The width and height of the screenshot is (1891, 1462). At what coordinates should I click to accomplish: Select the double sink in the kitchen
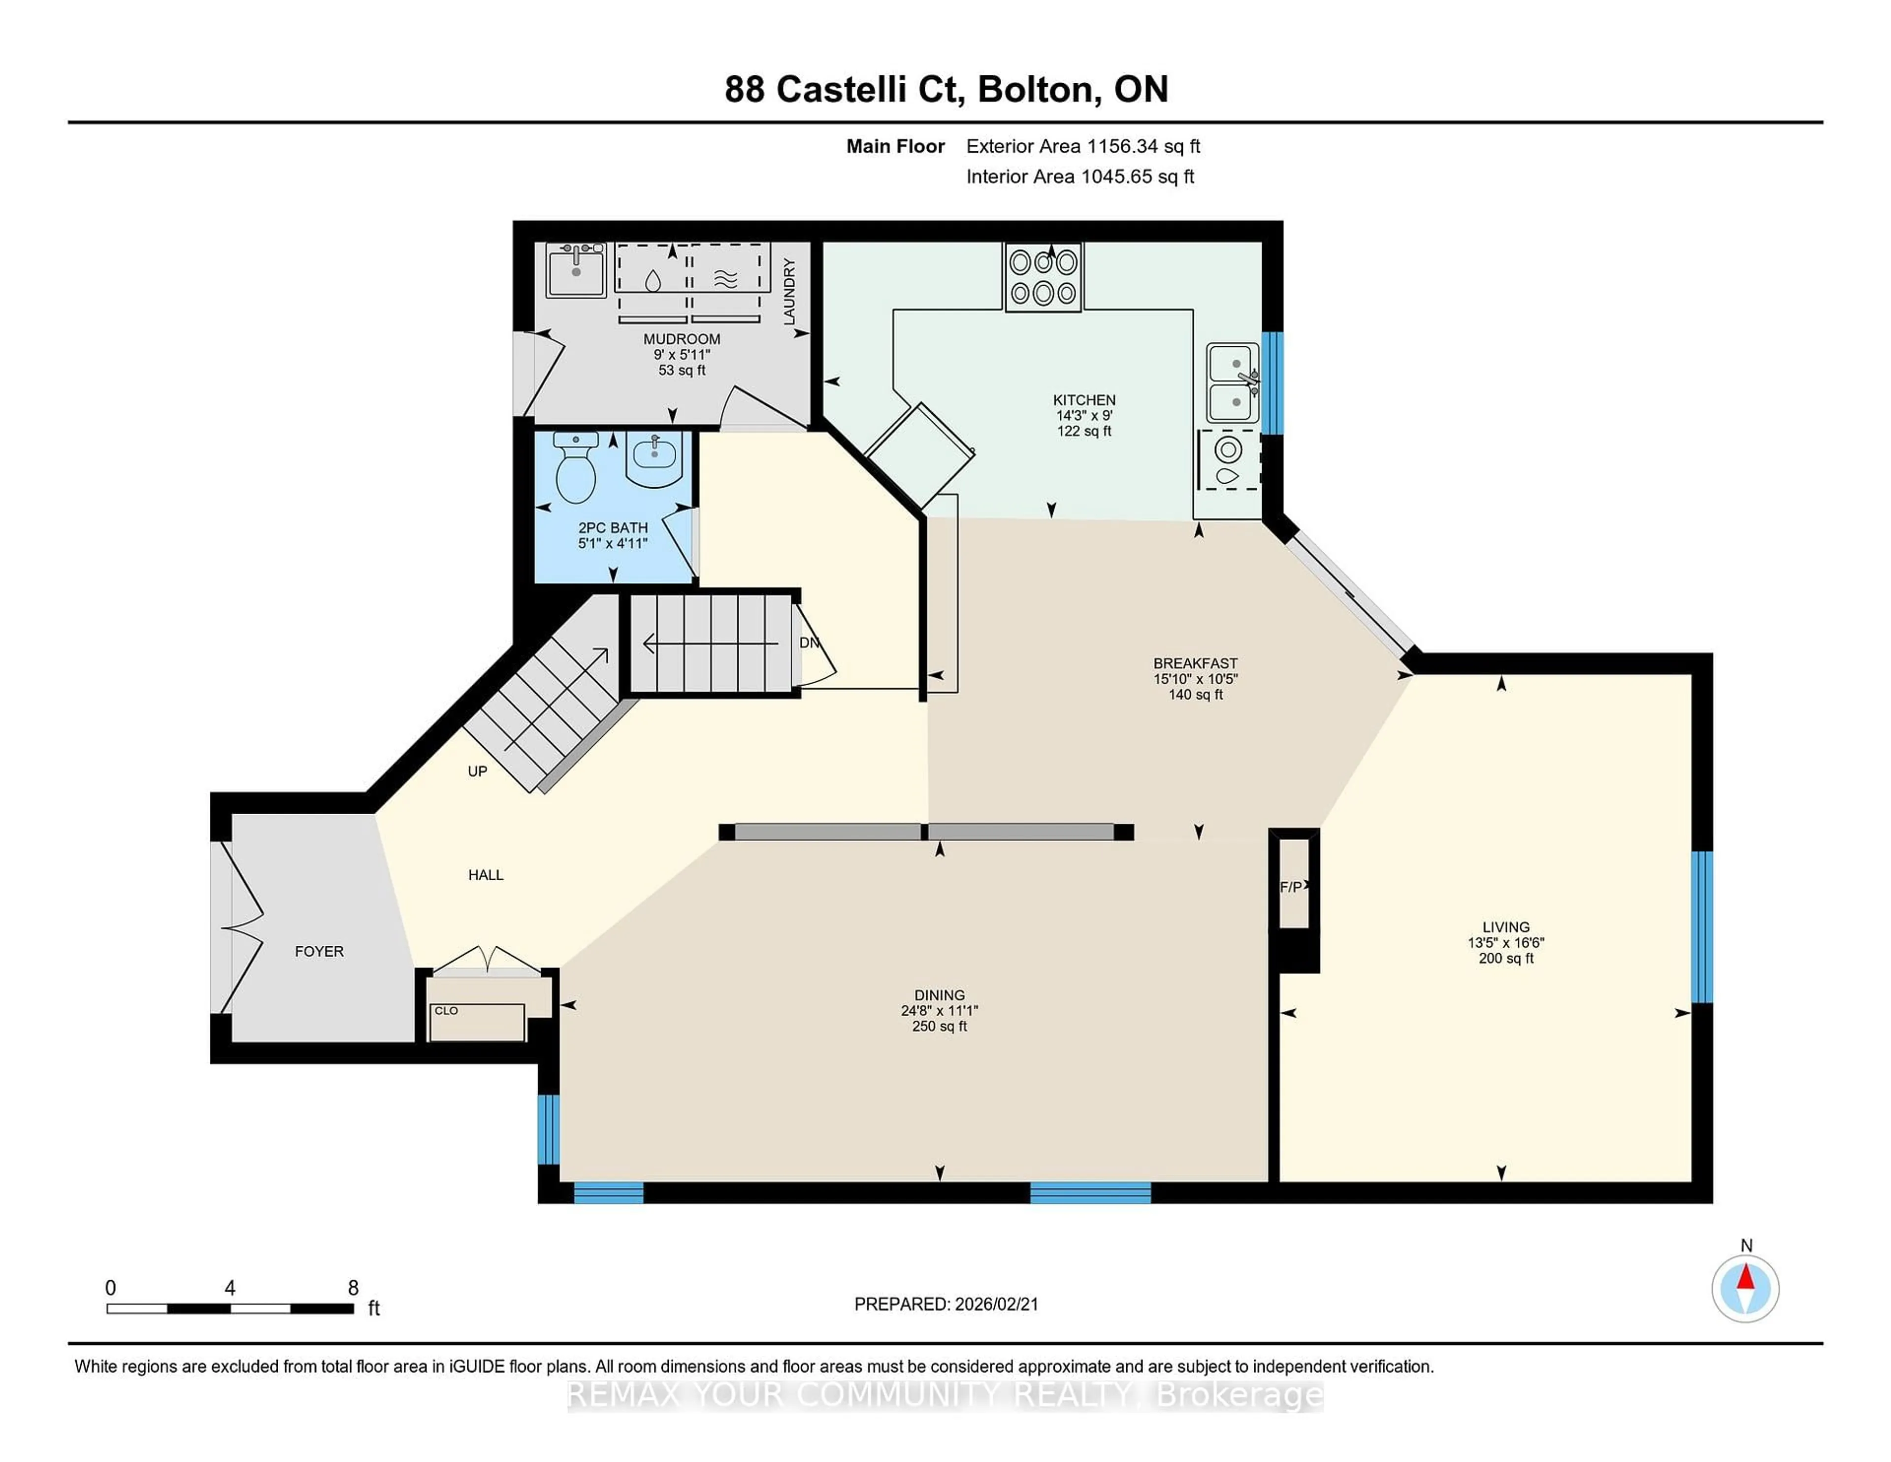pos(1233,383)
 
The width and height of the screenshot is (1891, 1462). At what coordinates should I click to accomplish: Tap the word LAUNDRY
pos(789,293)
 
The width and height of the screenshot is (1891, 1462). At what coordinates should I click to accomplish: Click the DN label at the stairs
pos(809,643)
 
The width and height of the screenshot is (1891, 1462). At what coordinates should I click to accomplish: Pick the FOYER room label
pos(319,951)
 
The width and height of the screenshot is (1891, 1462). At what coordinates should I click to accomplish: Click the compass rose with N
pos(1746,1288)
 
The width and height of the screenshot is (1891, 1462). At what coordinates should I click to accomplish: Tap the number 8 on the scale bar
pos(353,1288)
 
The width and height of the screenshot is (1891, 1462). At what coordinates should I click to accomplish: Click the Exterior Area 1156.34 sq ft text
pos(1083,146)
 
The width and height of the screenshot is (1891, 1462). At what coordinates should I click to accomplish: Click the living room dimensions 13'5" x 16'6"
pos(1506,942)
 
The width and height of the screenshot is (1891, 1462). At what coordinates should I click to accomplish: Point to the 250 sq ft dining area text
pos(940,1027)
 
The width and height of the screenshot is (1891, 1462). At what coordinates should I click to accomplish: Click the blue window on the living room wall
pos(1701,927)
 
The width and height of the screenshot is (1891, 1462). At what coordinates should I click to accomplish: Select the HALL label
pos(486,875)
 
